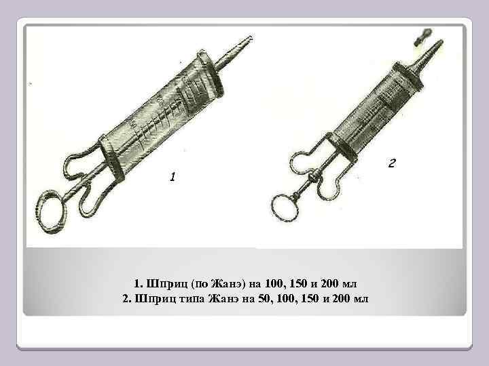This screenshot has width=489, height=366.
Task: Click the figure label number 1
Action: [x=173, y=178]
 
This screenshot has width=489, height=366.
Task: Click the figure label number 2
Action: [x=391, y=163]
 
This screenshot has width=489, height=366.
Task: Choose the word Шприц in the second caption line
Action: [x=154, y=298]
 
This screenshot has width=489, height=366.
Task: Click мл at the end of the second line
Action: [x=359, y=298]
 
